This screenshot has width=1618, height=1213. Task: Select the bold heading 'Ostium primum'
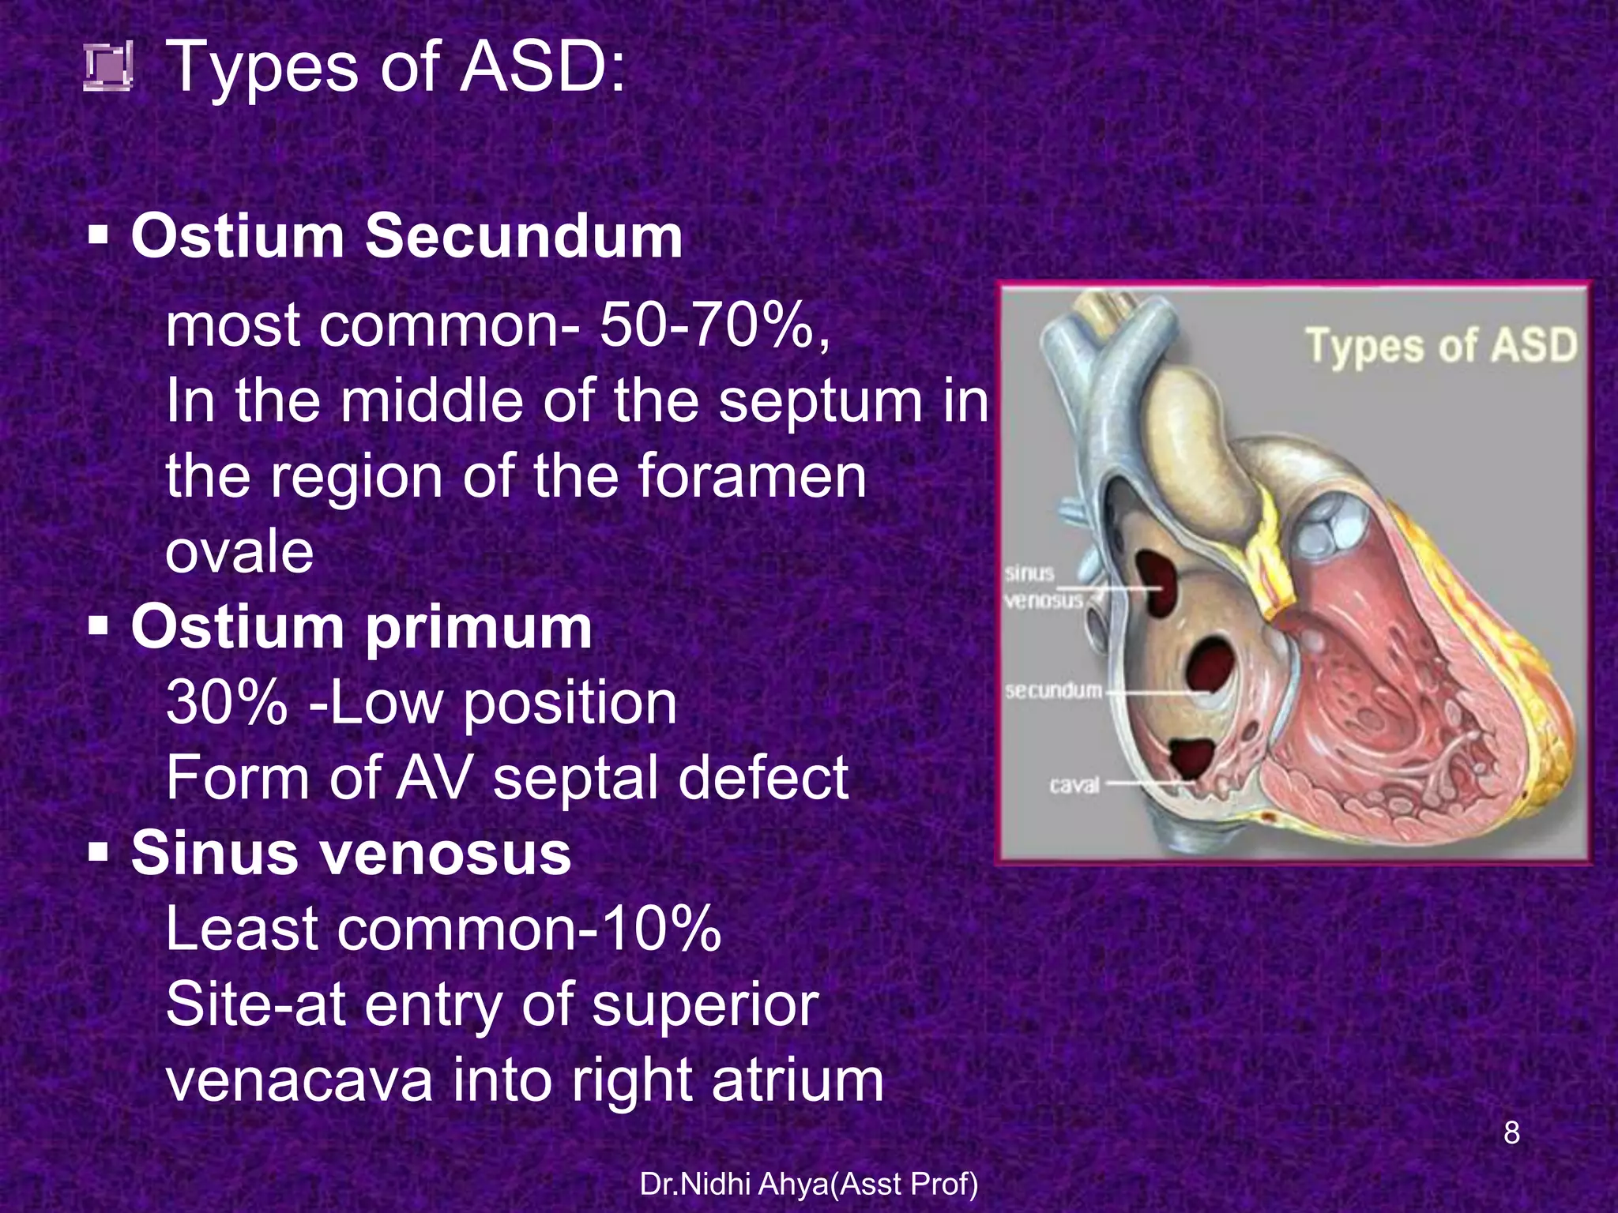[x=361, y=627]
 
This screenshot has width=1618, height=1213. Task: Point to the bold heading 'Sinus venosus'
[x=351, y=854]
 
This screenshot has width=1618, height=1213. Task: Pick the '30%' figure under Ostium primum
[x=227, y=703]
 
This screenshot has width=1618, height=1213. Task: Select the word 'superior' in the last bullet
[x=705, y=1005]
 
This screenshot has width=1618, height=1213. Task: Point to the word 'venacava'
[x=299, y=1080]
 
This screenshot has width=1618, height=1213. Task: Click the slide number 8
[x=1511, y=1133]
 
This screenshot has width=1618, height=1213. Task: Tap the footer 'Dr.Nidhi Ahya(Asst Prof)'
[x=809, y=1184]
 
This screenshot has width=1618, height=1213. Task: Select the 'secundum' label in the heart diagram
[x=1053, y=691]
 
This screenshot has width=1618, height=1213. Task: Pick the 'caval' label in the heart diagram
[x=1074, y=785]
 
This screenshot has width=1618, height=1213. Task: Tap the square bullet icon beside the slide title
[x=108, y=68]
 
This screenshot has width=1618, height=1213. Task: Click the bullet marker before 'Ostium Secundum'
[x=99, y=235]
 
